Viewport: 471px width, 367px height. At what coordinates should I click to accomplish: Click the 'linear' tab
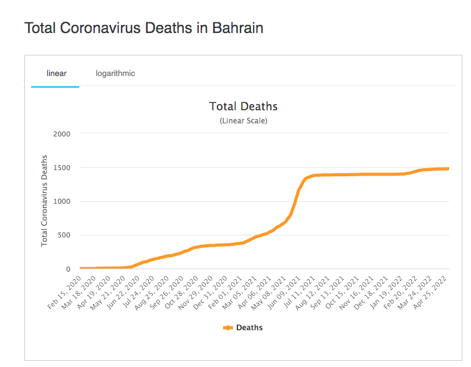[56, 74]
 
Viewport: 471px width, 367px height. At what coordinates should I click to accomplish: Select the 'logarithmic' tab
[115, 74]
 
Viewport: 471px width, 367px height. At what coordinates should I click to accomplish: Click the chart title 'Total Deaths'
[243, 107]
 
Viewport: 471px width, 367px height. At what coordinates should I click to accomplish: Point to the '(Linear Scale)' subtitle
[243, 121]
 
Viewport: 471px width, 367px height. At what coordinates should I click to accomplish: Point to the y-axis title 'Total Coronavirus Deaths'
[45, 201]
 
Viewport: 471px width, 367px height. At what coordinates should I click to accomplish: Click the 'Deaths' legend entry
[249, 328]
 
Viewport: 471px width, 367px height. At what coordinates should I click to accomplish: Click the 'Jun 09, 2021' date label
[283, 292]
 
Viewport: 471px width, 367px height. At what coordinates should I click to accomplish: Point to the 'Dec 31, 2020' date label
[212, 292]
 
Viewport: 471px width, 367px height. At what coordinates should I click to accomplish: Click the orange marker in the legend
[227, 328]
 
